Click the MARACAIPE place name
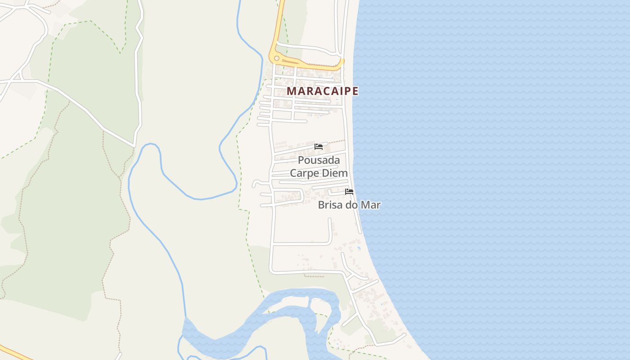tap(322, 91)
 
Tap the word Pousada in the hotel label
tap(319, 161)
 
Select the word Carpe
tap(304, 173)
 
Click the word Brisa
tap(329, 205)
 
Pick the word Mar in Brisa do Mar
tap(371, 205)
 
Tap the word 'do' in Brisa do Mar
tap(351, 205)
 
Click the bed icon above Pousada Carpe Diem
tap(319, 147)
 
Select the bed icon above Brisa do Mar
tap(349, 192)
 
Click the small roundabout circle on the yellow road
tap(276, 58)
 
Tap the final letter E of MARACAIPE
tap(355, 91)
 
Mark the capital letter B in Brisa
tap(321, 205)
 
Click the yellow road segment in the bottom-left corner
tap(13, 352)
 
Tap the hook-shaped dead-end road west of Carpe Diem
tap(256, 183)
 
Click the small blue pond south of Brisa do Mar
tap(359, 248)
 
